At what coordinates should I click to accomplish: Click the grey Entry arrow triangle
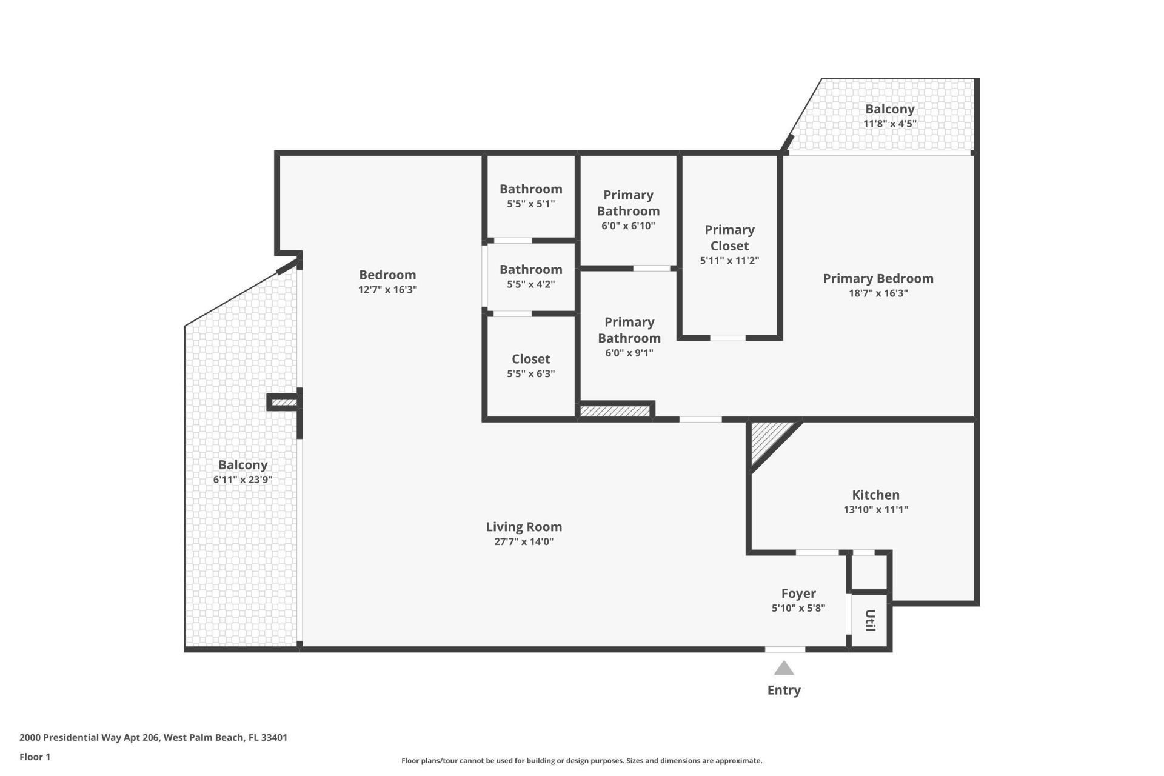click(784, 669)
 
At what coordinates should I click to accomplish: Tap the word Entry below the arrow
click(784, 690)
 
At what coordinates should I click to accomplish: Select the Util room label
click(870, 621)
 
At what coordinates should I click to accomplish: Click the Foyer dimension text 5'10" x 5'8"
click(798, 608)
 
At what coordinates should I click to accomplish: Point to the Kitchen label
click(875, 495)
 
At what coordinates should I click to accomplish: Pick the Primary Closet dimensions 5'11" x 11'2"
click(729, 261)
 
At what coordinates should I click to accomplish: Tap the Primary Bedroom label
click(878, 278)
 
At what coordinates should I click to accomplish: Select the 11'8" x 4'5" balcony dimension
click(889, 124)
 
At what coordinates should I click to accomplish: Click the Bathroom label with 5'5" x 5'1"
click(530, 189)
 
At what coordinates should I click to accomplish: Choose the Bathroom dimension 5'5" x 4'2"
click(530, 284)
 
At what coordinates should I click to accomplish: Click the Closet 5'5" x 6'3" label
click(530, 359)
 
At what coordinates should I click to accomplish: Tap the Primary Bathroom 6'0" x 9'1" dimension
click(629, 353)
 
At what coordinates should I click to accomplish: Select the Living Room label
click(524, 527)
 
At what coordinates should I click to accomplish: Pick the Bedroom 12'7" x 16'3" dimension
click(387, 290)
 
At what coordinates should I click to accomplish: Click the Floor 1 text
click(35, 757)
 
